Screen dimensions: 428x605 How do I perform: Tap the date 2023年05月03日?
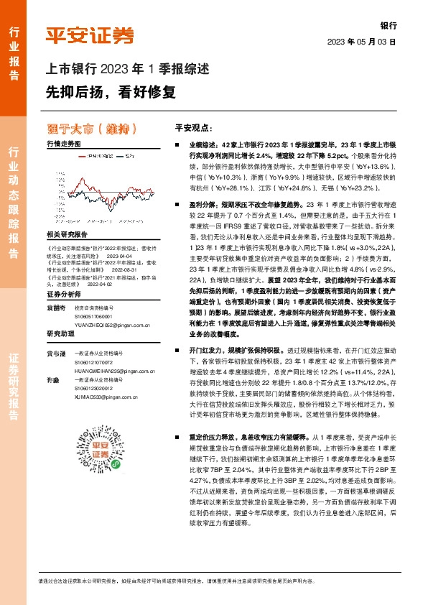pos(361,42)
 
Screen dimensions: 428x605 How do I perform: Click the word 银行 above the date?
pos(387,25)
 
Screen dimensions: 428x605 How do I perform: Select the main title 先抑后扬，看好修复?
pos(111,92)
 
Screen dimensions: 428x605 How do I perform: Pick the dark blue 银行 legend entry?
pos(127,155)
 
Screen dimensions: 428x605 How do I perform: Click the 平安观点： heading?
pos(213,128)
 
